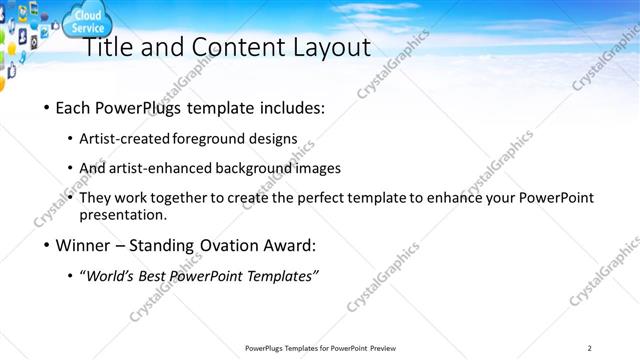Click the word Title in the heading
coord(106,47)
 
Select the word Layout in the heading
coord(333,47)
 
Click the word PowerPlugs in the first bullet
coord(141,107)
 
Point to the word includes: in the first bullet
coord(292,107)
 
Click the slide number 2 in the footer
coord(589,347)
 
